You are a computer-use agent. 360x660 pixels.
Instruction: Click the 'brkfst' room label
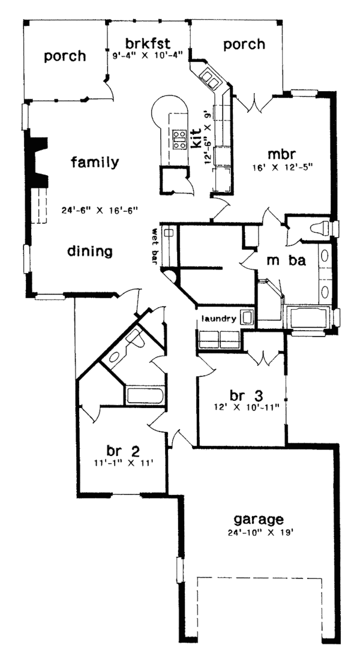(x=148, y=43)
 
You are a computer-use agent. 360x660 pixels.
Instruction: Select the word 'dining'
(x=91, y=251)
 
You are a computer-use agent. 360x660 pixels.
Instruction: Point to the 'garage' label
(x=259, y=519)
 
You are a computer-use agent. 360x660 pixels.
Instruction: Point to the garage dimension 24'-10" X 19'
(x=259, y=532)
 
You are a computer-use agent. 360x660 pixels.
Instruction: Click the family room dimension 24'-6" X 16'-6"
(x=100, y=210)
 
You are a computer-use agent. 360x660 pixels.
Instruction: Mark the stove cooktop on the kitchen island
(x=178, y=139)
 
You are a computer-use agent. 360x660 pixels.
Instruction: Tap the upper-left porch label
(x=65, y=56)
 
